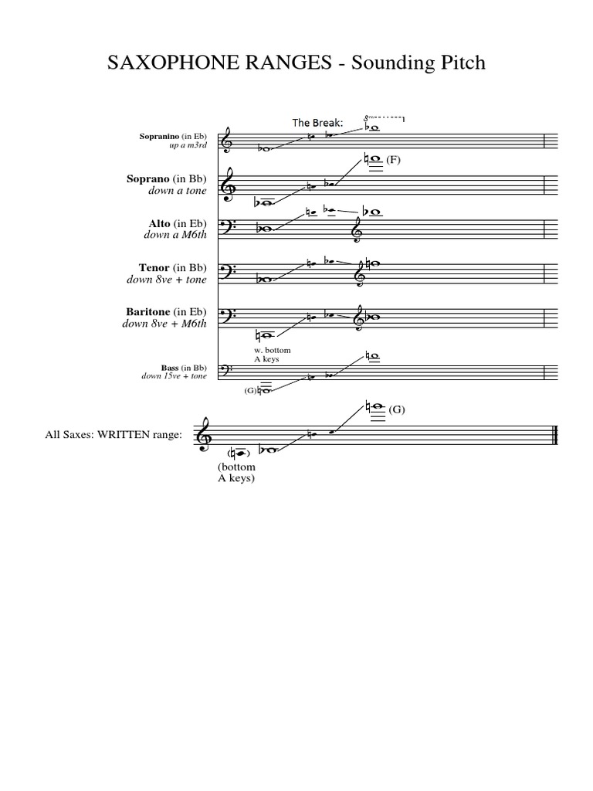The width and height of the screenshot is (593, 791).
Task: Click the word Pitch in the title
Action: (x=458, y=63)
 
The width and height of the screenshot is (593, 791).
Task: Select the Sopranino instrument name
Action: (x=160, y=137)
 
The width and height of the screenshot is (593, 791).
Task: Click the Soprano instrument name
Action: (x=148, y=178)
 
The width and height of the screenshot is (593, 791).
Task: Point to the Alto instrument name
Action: (x=160, y=224)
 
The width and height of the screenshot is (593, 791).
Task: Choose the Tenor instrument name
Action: (x=154, y=267)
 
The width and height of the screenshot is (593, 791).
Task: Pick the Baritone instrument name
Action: (x=148, y=311)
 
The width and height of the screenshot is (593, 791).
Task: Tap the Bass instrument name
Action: (x=171, y=368)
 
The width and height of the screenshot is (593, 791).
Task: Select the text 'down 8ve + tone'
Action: (x=167, y=279)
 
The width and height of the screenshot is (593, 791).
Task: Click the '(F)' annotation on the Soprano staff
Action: (x=395, y=160)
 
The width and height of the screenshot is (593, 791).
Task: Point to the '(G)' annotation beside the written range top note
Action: (x=397, y=409)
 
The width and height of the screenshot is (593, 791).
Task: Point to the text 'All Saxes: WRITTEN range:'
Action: (x=114, y=435)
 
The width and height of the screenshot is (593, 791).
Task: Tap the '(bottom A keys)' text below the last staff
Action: (x=236, y=472)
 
